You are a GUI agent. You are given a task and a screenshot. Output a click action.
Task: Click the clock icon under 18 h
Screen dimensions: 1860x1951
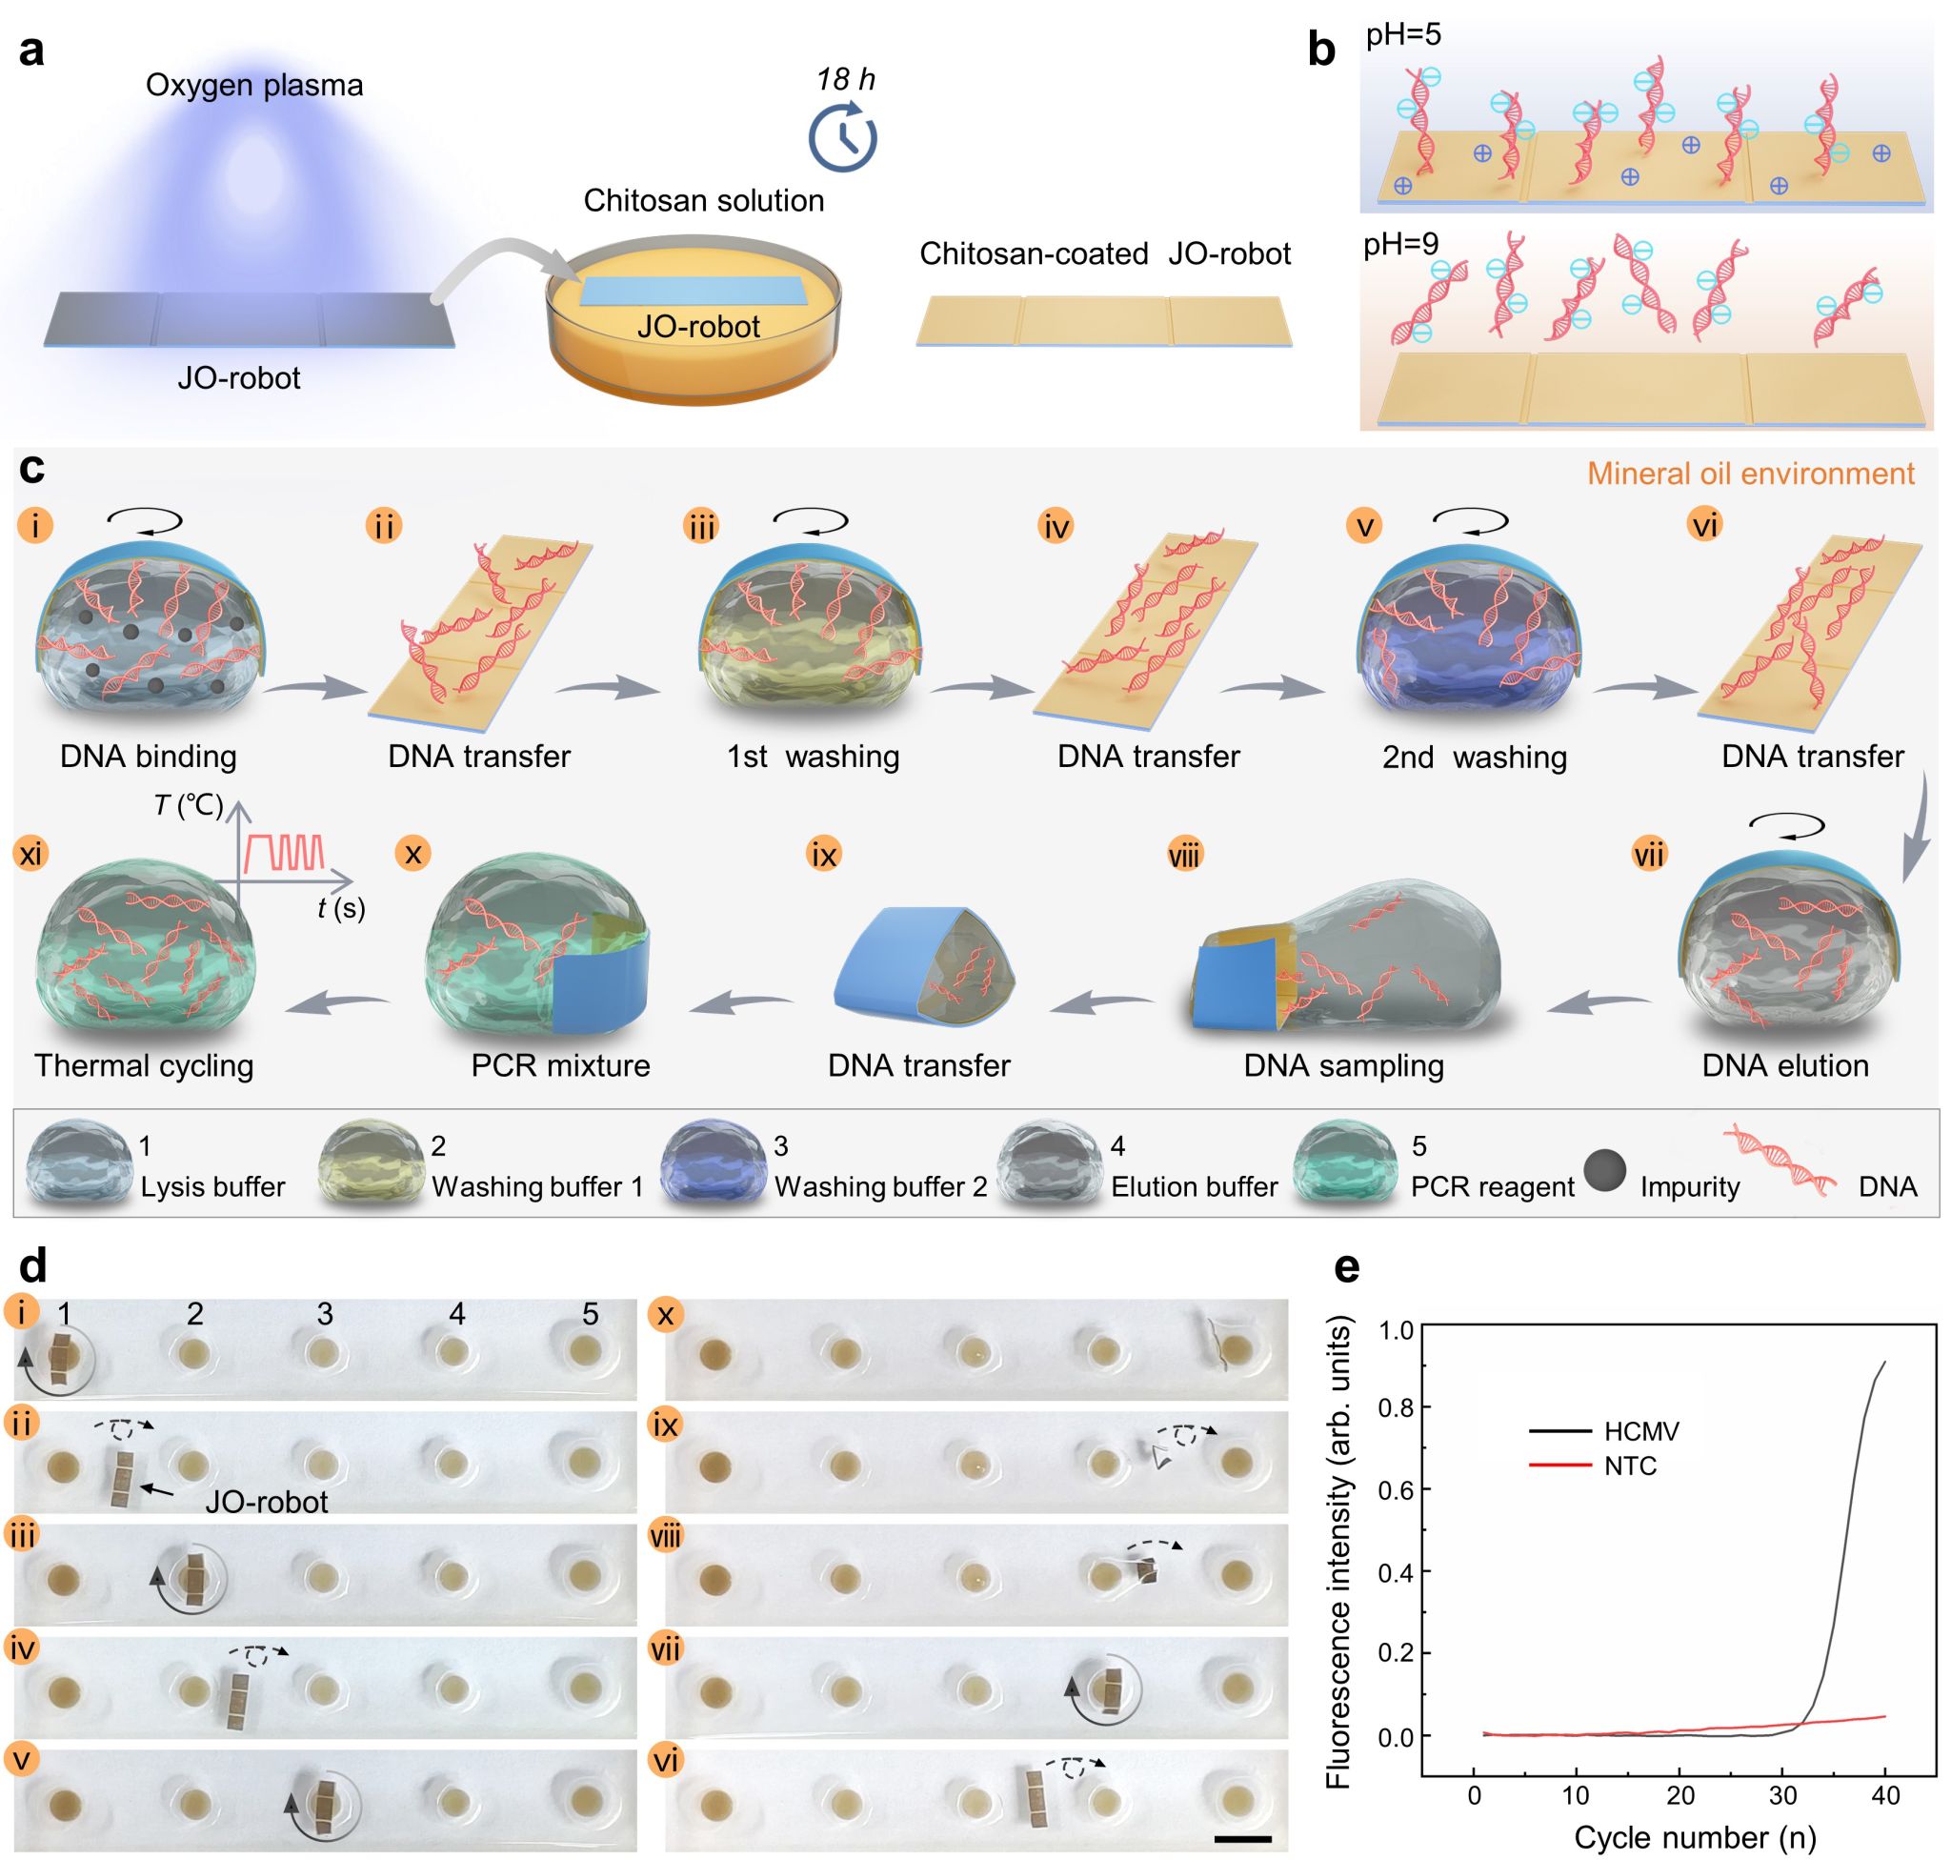tap(843, 138)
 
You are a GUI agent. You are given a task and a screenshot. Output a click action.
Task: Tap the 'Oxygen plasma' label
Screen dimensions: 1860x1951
tap(253, 85)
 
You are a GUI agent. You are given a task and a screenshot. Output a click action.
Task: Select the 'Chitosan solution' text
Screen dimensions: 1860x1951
tap(703, 200)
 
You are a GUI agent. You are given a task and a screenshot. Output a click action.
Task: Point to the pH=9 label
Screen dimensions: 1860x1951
tap(1400, 244)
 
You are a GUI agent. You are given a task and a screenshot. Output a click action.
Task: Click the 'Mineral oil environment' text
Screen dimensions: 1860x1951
tap(1751, 473)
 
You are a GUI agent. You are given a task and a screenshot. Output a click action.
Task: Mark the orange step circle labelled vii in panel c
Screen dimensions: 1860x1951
tap(1649, 854)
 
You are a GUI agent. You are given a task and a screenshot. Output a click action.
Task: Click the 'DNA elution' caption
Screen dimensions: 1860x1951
tap(1785, 1065)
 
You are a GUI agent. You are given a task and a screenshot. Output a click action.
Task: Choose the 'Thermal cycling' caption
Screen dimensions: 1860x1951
tap(144, 1065)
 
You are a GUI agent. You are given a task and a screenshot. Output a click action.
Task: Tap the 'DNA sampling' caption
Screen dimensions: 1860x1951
tap(1343, 1065)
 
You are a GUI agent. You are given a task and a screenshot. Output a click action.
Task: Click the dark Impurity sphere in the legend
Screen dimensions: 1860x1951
tap(1605, 1171)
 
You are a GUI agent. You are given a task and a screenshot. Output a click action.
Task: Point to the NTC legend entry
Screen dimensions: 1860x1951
tap(1630, 1466)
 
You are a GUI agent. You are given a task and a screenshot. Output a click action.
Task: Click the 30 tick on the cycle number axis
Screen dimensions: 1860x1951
tap(1782, 1795)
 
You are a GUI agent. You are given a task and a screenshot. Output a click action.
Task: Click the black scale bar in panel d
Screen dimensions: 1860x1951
tap(1241, 1839)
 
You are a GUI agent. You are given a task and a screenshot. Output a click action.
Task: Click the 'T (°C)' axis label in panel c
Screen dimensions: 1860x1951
tap(189, 805)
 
